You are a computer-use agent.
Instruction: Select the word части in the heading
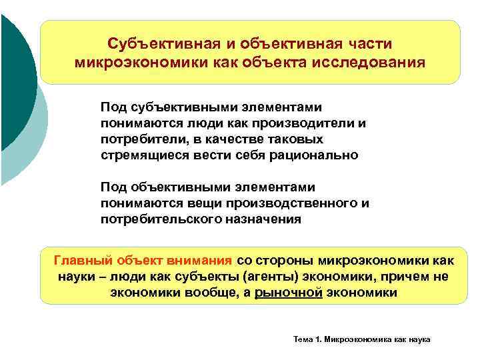[x=367, y=44]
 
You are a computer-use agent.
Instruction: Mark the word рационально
[x=319, y=155]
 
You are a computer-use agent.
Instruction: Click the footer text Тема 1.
[x=306, y=340]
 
